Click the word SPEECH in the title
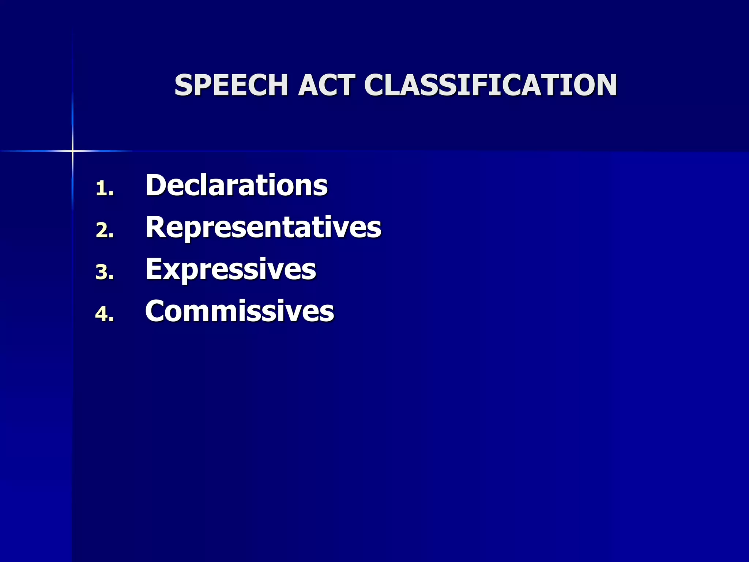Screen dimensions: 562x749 (231, 85)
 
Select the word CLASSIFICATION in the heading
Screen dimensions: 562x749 (490, 85)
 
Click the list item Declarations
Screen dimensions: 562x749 (236, 185)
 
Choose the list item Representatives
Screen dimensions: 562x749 (263, 227)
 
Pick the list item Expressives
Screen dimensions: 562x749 (230, 269)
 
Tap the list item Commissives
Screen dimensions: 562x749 (240, 311)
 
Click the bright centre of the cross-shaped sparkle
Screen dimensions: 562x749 (72, 151)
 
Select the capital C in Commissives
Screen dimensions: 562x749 (156, 311)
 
